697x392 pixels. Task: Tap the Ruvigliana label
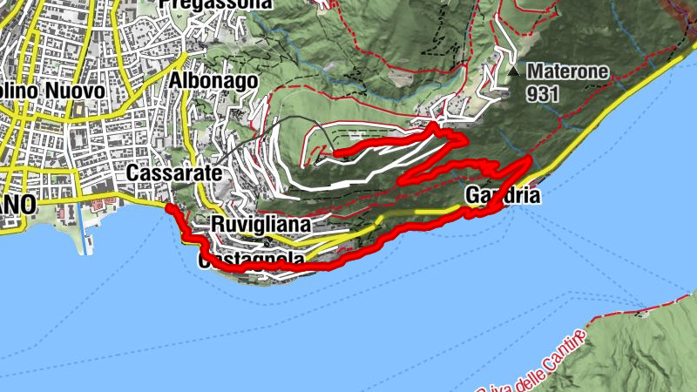(261, 225)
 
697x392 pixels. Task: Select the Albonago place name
(214, 81)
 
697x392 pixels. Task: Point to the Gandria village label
(504, 195)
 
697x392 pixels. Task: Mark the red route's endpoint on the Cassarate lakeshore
(170, 209)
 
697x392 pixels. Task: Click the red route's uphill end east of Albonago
(336, 154)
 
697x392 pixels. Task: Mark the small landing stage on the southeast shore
(644, 311)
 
